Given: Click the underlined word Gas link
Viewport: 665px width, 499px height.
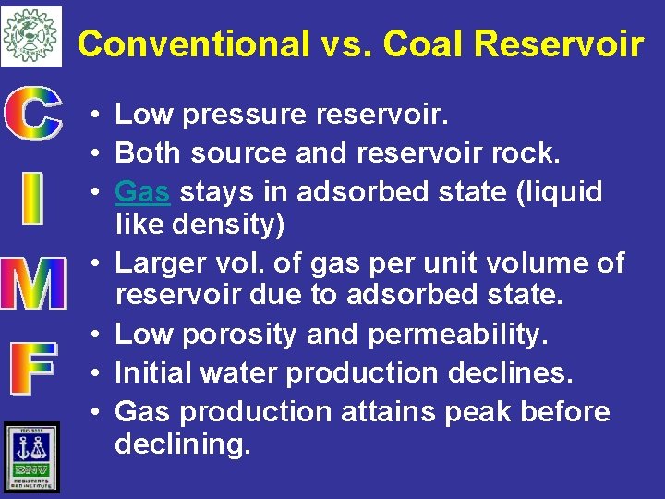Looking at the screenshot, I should point(142,191).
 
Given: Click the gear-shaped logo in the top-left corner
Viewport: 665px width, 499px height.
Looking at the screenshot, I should point(30,35).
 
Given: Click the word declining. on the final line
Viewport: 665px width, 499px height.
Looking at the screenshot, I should point(182,444).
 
